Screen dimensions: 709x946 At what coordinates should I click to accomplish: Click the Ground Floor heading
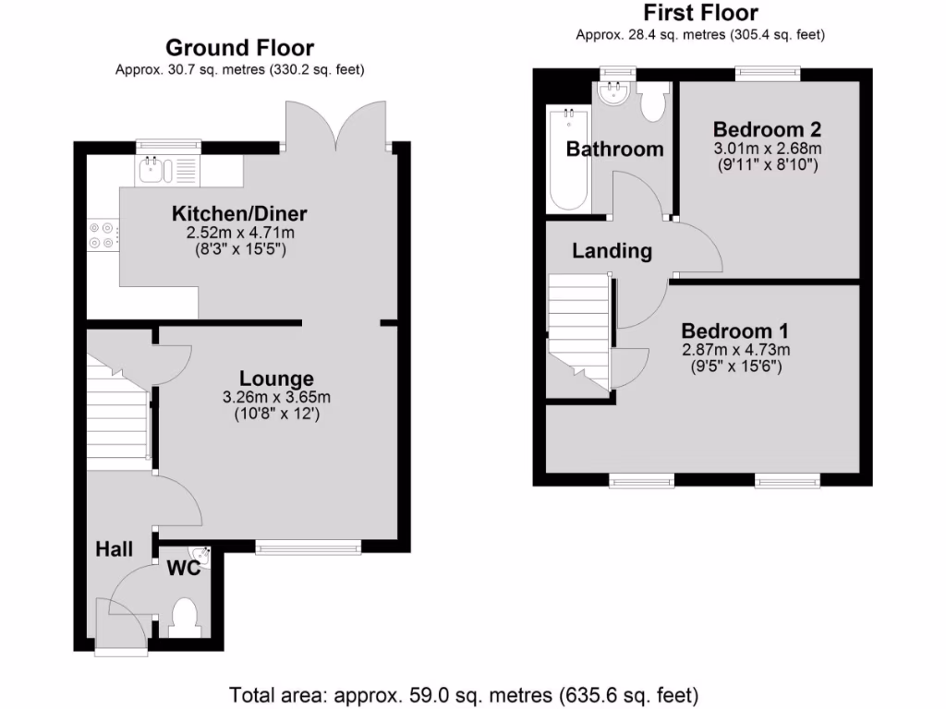(239, 48)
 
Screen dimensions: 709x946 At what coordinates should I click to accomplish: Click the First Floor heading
(700, 13)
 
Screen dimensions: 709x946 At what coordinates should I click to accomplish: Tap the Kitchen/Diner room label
(239, 214)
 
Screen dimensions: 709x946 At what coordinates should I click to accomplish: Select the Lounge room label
(276, 379)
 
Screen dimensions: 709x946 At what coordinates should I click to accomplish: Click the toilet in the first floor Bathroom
(653, 102)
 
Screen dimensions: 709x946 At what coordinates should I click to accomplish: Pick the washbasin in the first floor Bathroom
(612, 92)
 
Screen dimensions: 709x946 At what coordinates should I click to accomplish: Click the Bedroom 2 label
(767, 129)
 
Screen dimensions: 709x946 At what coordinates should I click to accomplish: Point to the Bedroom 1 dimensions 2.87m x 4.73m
(736, 350)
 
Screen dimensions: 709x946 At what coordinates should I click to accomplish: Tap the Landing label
(612, 250)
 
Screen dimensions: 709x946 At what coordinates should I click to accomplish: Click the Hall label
(115, 549)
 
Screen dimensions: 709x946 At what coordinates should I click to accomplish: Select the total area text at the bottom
(463, 693)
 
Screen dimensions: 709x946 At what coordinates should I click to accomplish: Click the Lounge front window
(308, 548)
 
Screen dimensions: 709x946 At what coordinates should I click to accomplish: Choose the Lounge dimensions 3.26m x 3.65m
(276, 398)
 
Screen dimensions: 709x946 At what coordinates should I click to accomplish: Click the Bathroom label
(614, 149)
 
